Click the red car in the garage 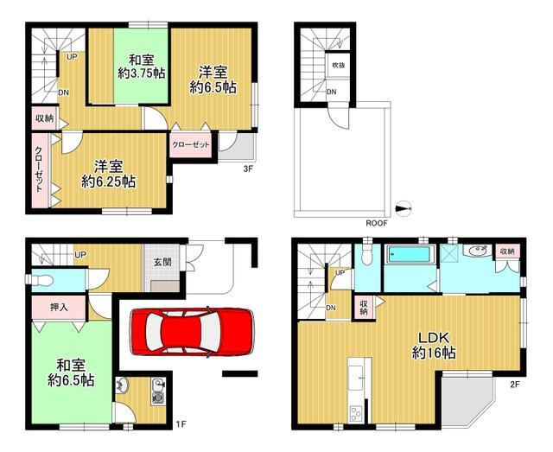192,332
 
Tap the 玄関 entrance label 162,262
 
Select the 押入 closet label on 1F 59,308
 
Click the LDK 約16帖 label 434,345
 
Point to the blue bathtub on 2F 409,254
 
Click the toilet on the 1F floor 41,281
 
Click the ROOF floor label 377,223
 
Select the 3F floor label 248,169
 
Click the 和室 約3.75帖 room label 142,67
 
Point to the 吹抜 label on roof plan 339,65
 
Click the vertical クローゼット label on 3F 38,169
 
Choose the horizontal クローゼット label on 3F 191,144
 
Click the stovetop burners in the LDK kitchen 355,413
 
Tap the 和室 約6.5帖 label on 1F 71,372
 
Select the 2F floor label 515,385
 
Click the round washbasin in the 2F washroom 477,251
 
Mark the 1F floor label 181,423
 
